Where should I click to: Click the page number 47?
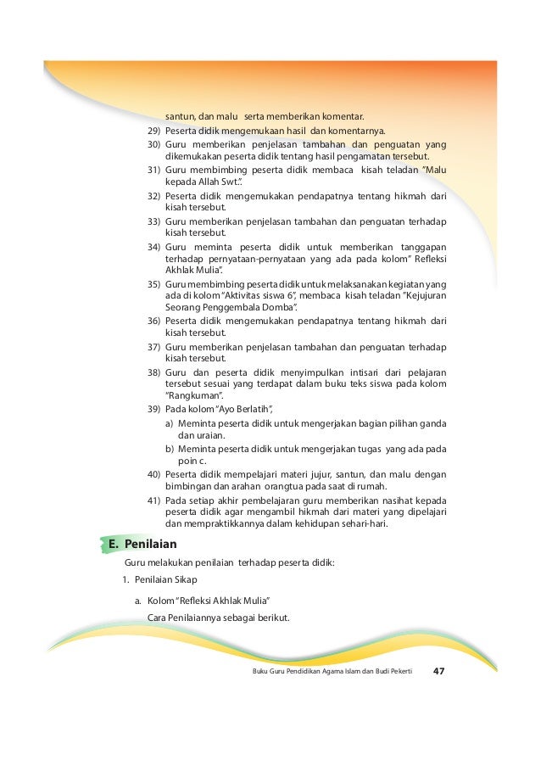[x=438, y=671]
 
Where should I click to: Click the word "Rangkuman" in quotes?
[x=193, y=396]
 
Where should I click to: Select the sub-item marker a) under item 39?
[x=170, y=423]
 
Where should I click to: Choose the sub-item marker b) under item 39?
[x=170, y=448]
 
